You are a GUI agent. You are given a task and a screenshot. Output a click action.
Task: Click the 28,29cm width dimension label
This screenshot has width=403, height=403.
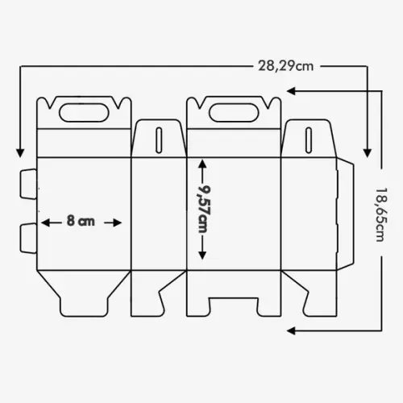tap(286, 66)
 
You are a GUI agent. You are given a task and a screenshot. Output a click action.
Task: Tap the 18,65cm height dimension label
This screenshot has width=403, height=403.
tap(381, 214)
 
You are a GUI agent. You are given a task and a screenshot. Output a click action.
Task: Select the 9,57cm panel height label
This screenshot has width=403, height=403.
tap(203, 209)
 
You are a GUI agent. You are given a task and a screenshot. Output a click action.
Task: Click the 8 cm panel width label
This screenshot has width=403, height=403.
tap(81, 221)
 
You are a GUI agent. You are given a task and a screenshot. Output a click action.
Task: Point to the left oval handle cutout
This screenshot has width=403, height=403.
tap(84, 112)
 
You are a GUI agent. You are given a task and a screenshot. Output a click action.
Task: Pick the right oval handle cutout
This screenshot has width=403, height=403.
tap(234, 112)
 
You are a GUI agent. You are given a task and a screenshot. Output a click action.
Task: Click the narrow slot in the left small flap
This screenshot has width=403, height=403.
tap(159, 140)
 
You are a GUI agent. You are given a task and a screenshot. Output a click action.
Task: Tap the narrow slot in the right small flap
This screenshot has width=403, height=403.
tap(309, 140)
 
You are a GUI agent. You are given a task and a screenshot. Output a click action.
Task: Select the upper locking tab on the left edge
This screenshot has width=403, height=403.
tap(28, 184)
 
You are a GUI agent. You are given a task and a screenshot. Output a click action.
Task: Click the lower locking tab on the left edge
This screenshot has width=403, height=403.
tap(28, 238)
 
